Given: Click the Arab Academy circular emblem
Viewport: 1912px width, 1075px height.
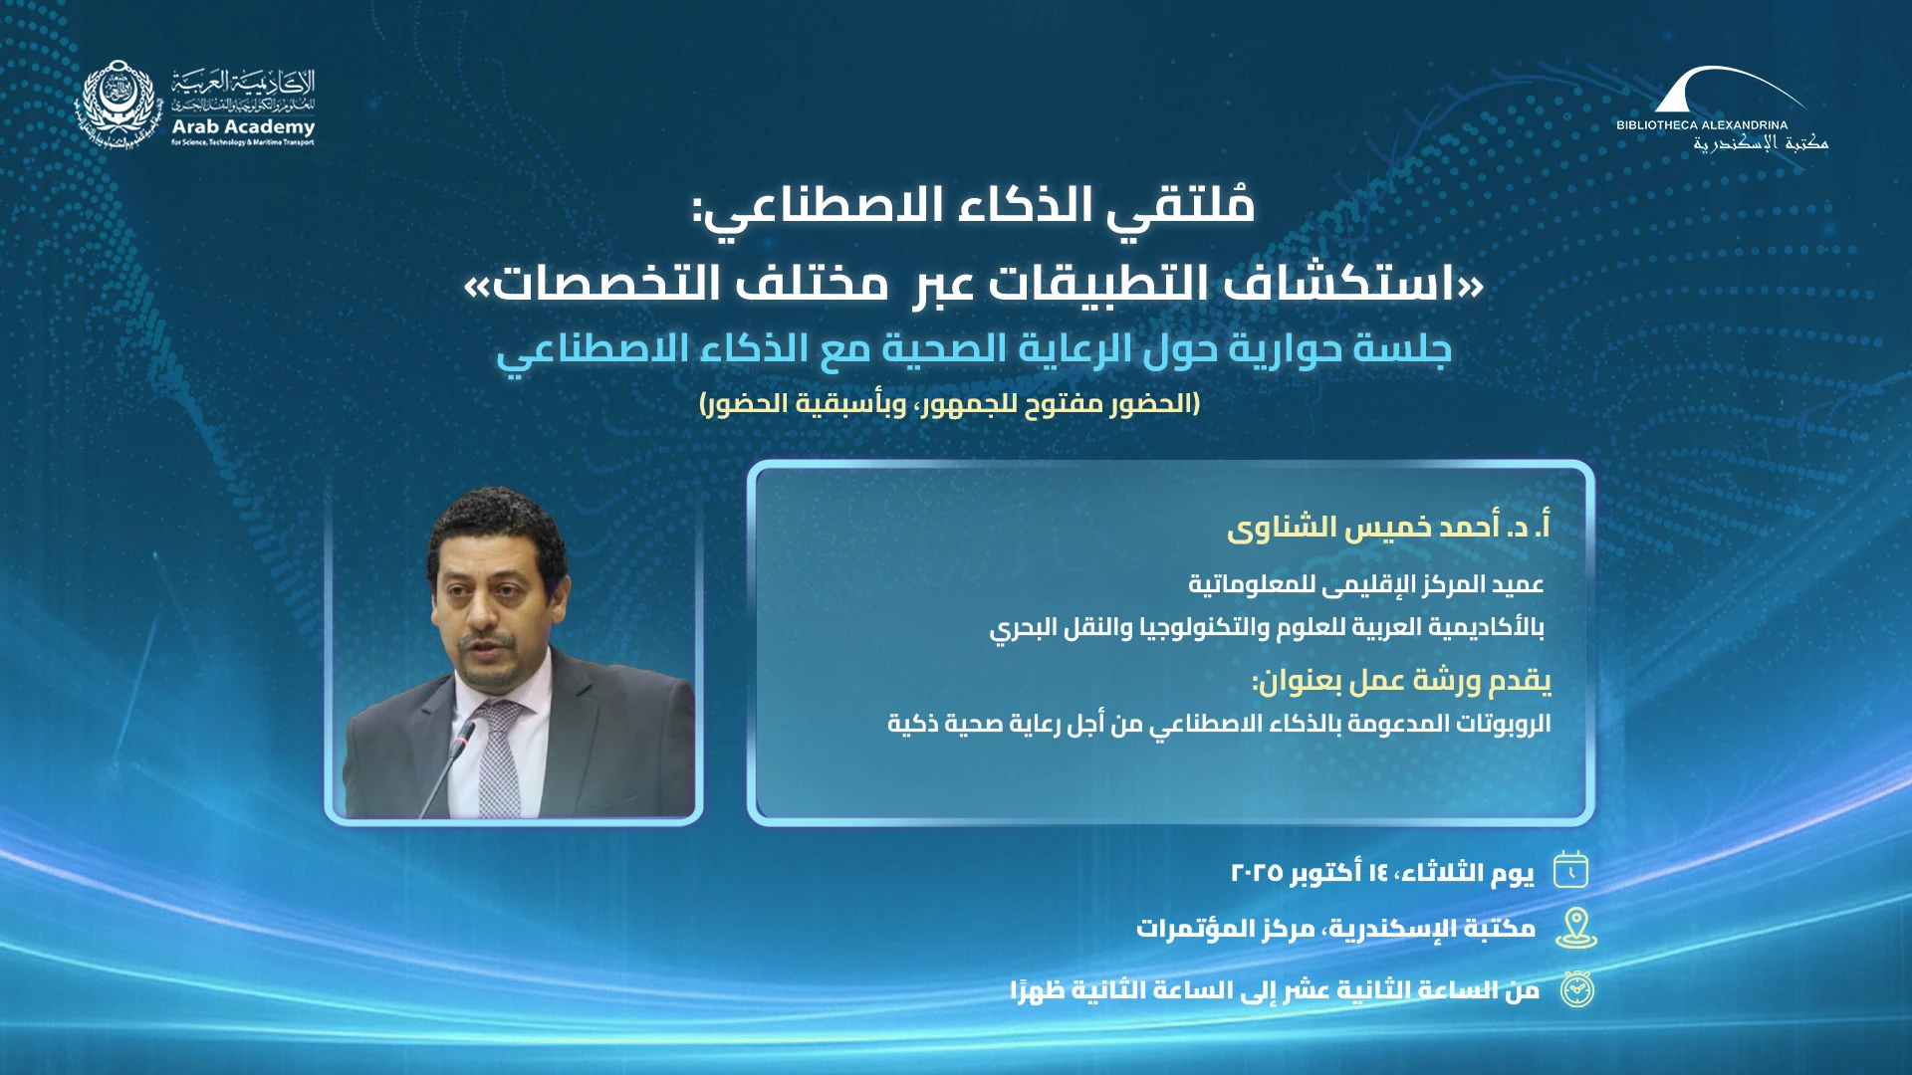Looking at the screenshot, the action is [x=119, y=105].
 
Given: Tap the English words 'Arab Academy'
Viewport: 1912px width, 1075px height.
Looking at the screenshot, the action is [x=243, y=126].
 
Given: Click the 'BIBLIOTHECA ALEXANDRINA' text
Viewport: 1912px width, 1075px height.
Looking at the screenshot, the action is [x=1702, y=125].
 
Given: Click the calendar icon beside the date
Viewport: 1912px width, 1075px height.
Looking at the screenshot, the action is [x=1571, y=870].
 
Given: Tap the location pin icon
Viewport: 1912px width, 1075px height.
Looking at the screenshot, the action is [x=1576, y=928].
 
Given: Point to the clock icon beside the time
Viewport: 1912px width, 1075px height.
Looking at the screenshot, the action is [x=1576, y=988].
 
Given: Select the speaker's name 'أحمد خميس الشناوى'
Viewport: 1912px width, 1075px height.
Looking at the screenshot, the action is [x=1363, y=527].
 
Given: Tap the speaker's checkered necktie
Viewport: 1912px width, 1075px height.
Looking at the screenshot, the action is [x=498, y=758].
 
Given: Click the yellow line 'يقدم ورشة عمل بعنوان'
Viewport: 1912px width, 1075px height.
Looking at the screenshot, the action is [x=1402, y=681].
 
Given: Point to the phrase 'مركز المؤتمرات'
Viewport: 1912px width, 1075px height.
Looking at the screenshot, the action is [x=1226, y=929].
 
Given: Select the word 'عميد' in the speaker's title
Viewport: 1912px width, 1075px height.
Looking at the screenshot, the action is [x=1517, y=584].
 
